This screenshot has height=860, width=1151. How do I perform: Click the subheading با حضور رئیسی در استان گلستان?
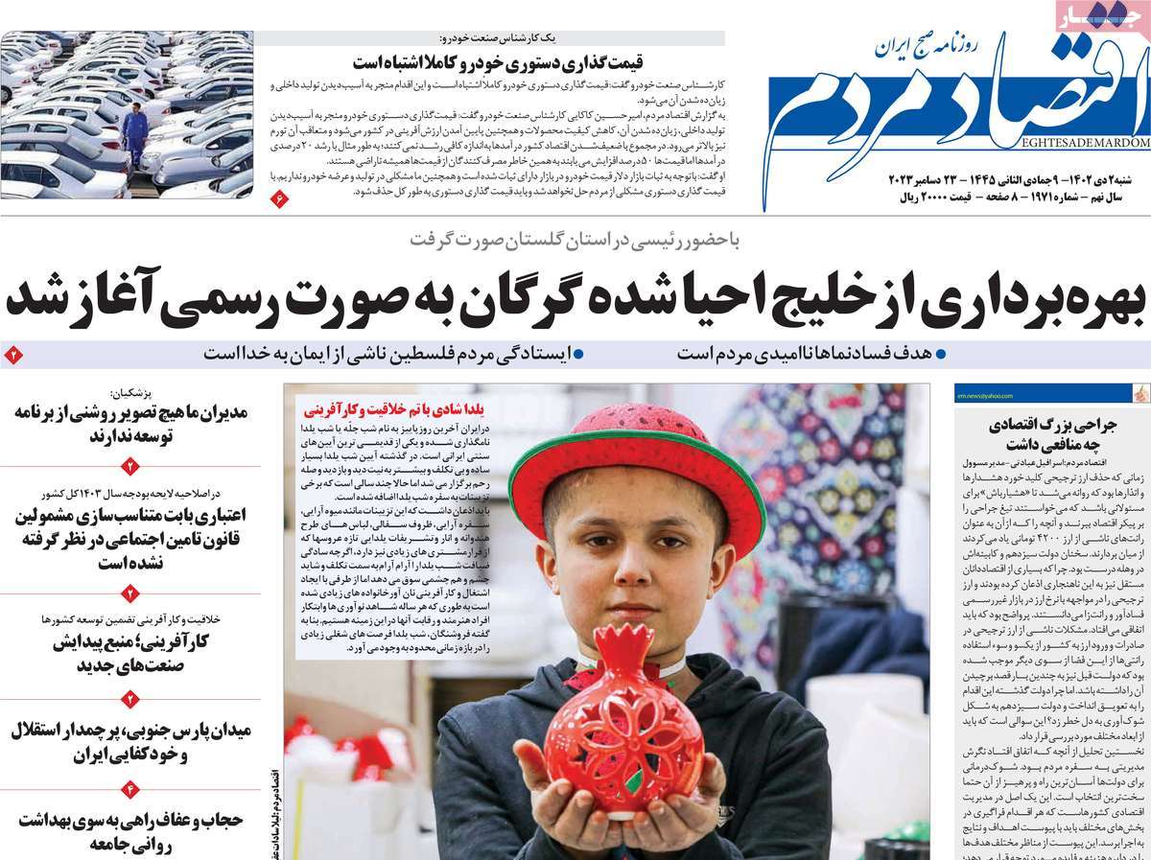[575, 240]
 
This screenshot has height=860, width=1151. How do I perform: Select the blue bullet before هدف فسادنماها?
[940, 353]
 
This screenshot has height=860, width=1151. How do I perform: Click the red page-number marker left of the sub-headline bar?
[13, 354]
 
